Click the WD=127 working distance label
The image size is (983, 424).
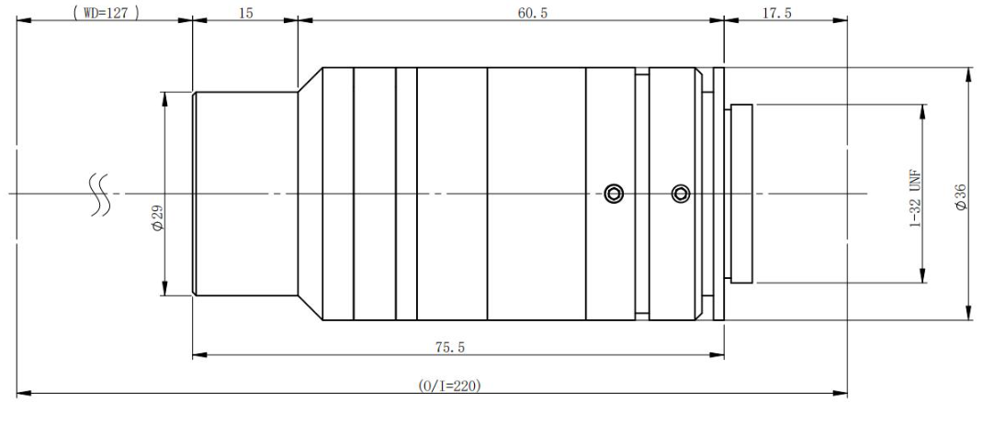point(106,13)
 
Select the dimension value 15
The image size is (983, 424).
point(246,13)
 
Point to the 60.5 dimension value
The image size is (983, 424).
point(532,13)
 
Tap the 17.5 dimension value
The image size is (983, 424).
point(776,13)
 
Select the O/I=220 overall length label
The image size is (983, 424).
point(450,385)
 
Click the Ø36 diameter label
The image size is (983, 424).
point(961,196)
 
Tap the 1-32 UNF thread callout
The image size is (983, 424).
point(915,197)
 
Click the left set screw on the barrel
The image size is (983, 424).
point(614,194)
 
